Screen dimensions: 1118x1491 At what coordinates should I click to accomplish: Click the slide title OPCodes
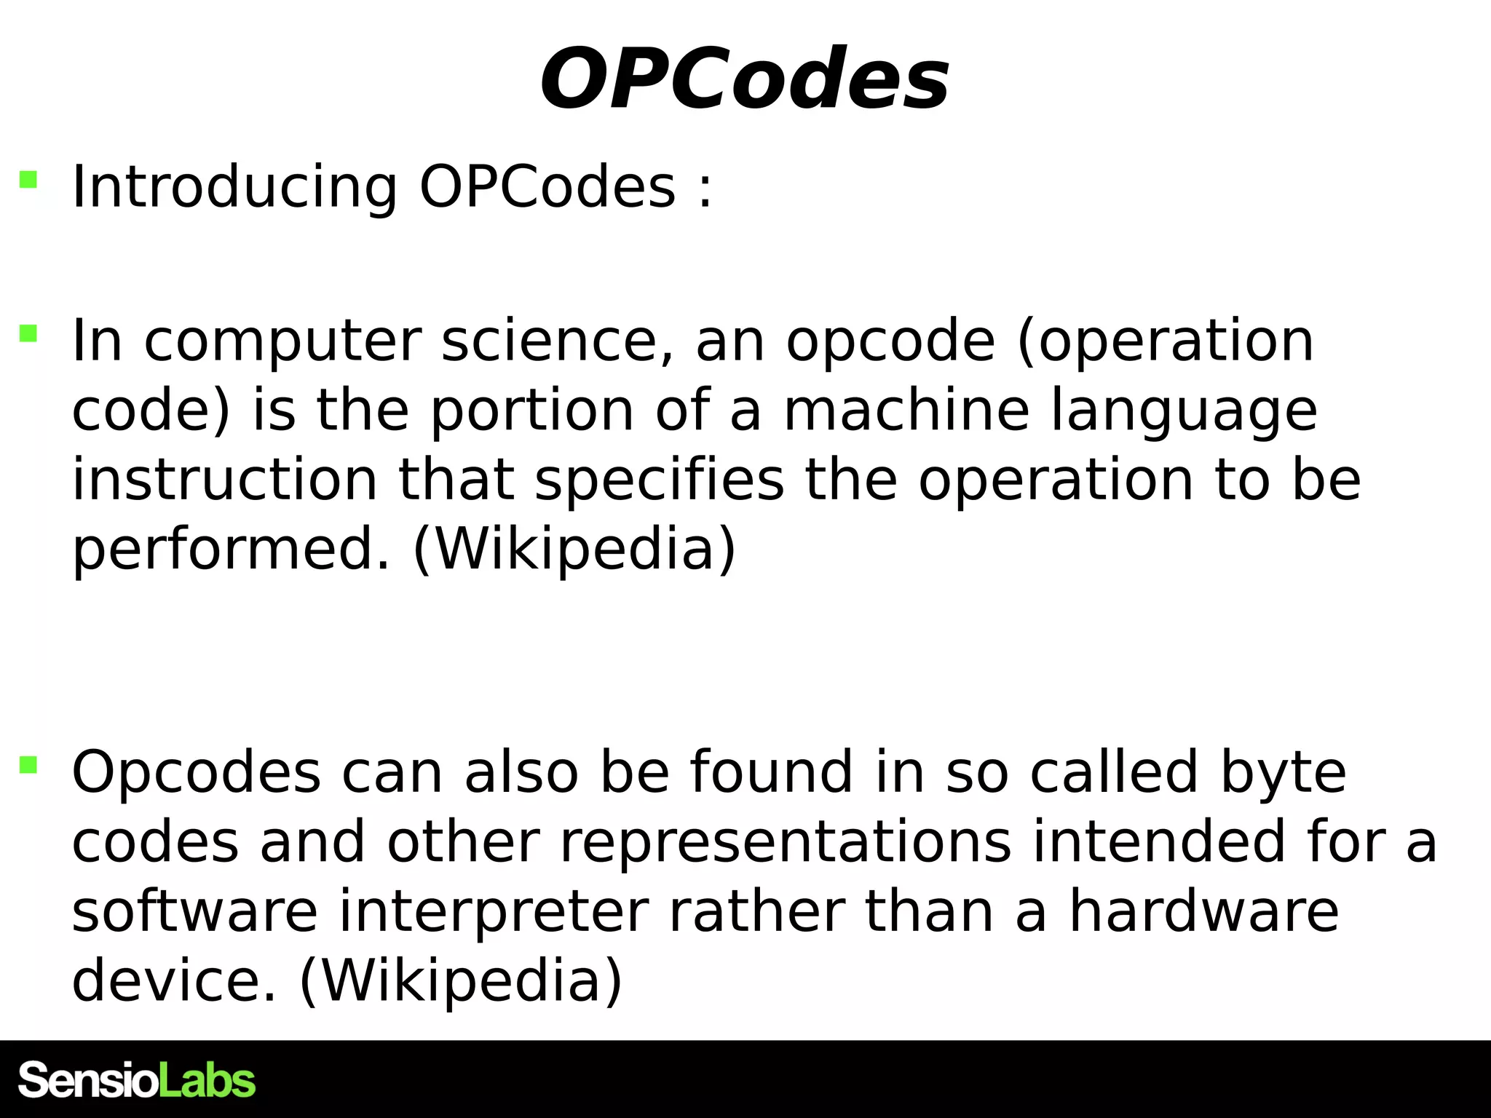point(744,79)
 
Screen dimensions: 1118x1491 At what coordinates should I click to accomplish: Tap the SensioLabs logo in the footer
point(137,1080)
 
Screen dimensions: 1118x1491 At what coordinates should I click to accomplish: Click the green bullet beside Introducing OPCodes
point(28,179)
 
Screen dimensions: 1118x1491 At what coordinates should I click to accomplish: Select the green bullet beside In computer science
point(28,333)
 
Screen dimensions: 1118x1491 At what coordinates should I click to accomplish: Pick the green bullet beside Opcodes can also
point(28,765)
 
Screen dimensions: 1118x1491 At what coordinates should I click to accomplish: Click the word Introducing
point(234,188)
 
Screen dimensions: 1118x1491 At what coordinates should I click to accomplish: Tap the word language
point(1184,412)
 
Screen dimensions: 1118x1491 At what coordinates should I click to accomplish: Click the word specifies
point(660,481)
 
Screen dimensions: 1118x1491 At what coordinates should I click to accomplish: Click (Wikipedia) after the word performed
point(574,550)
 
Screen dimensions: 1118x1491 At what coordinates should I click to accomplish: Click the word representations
point(786,842)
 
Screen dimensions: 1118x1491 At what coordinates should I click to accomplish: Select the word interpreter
point(494,913)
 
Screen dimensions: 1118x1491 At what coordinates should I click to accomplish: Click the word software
point(195,911)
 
